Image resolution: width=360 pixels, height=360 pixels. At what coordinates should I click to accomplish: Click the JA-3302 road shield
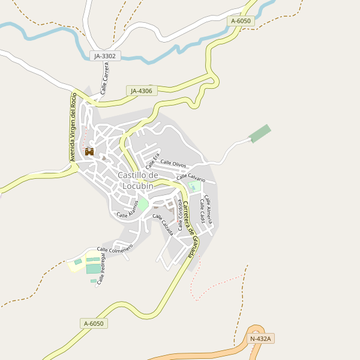[x=106, y=56]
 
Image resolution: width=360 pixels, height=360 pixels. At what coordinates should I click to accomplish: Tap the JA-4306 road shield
[x=142, y=91]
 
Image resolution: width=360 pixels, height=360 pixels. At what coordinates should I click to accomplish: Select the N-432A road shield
[x=260, y=339]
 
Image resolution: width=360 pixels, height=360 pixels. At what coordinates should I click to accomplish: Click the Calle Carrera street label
[x=105, y=82]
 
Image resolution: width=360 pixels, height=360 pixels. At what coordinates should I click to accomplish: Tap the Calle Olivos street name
[x=174, y=164]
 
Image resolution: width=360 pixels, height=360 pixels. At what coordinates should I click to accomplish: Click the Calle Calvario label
[x=191, y=178]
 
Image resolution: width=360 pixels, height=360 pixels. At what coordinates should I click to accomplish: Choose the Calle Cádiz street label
[x=203, y=213]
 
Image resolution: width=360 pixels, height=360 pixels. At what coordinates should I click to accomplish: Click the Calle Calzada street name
[x=163, y=224]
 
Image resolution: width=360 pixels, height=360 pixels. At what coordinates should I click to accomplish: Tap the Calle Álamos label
[x=128, y=209]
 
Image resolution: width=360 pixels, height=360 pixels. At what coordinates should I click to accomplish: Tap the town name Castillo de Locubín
[x=137, y=180]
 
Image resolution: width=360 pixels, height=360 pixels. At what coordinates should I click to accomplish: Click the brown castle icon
[x=89, y=152]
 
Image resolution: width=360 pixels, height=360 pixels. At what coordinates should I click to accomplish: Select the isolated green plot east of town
[x=260, y=133]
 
